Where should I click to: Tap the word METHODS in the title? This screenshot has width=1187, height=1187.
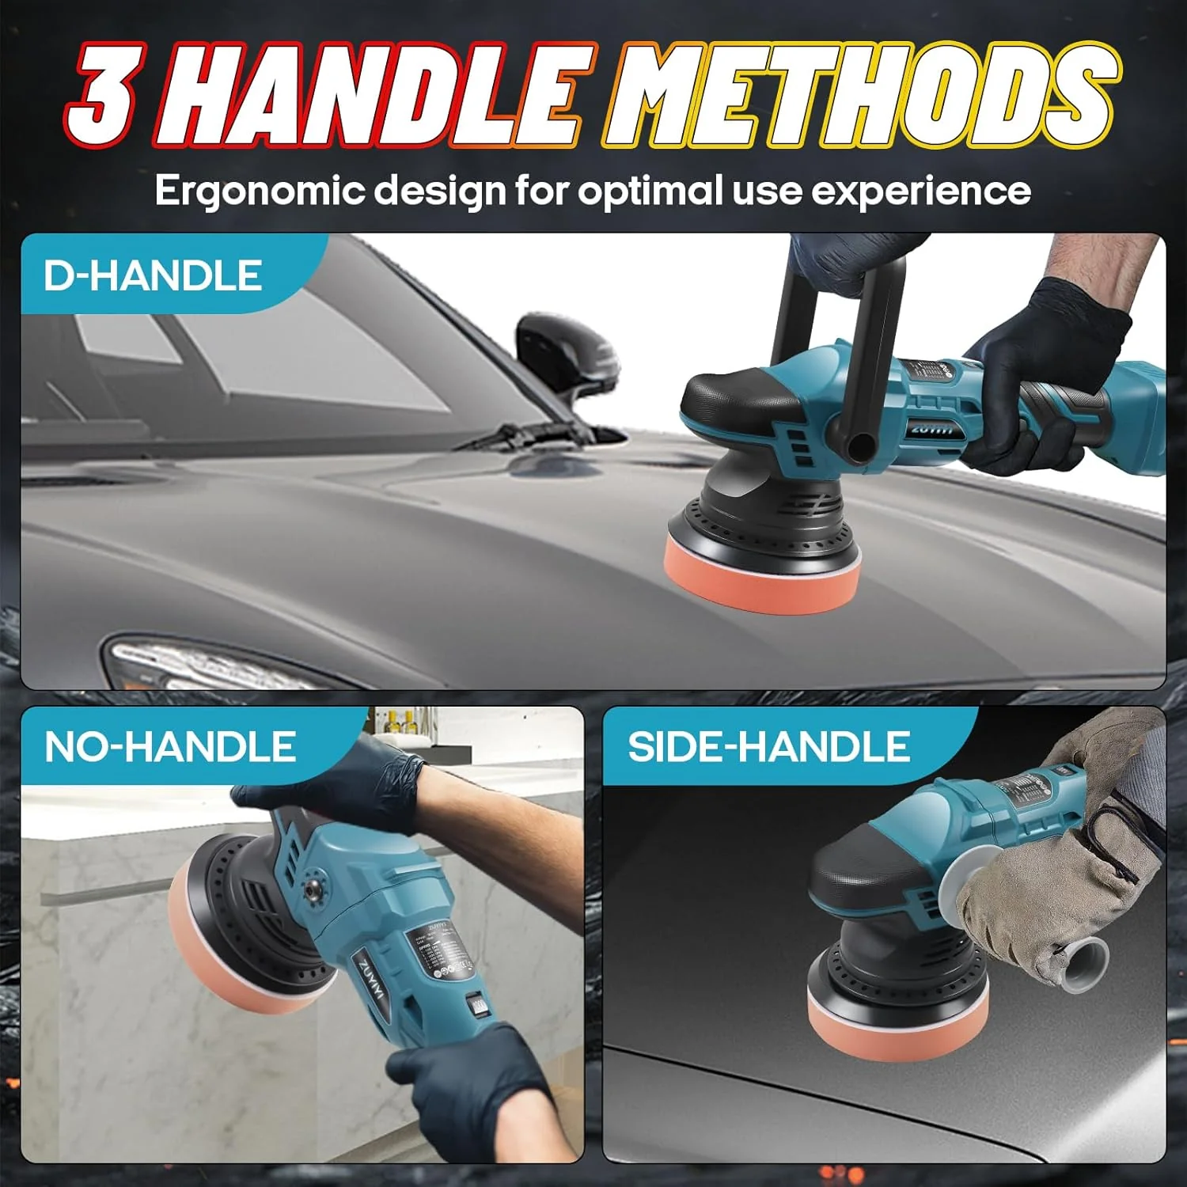pyautogui.click(x=859, y=95)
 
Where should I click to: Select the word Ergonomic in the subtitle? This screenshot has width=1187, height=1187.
pyautogui.click(x=261, y=192)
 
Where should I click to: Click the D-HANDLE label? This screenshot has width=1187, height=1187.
pyautogui.click(x=152, y=275)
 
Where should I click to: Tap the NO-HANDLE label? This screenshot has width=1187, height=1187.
pyautogui.click(x=170, y=746)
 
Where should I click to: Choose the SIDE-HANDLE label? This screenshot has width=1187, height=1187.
pyautogui.click(x=768, y=746)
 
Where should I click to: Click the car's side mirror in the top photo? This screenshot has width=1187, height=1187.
pyautogui.click(x=566, y=356)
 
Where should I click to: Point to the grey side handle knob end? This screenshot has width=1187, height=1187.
pyautogui.click(x=1080, y=961)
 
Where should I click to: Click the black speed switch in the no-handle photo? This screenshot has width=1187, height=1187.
pyautogui.click(x=477, y=1007)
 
